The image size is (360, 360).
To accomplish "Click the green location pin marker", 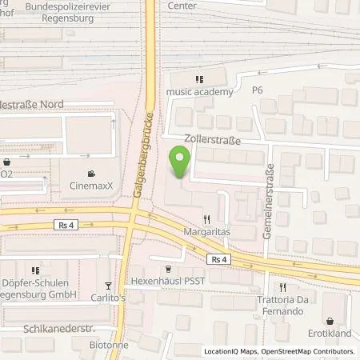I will click(182, 164).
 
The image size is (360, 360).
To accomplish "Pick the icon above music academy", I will click(200, 78).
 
